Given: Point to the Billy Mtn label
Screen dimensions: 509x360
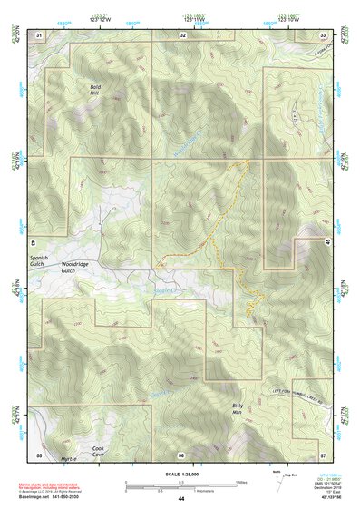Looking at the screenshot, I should [x=238, y=408].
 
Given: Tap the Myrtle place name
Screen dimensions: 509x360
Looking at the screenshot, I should [x=68, y=460].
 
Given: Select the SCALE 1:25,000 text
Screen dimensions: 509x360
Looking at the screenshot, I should [x=181, y=475].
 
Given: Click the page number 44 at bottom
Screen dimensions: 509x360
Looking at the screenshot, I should [x=181, y=499].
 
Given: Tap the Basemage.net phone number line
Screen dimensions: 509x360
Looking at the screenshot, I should [x=45, y=494].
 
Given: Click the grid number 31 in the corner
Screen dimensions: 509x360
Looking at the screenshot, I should [x=38, y=34].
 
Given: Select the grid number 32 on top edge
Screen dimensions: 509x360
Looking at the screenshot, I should [x=183, y=34].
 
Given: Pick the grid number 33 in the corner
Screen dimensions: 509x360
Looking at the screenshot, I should [x=324, y=34].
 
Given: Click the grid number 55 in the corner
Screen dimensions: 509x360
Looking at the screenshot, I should [x=39, y=454].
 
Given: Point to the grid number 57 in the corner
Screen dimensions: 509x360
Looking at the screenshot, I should [x=323, y=454].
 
